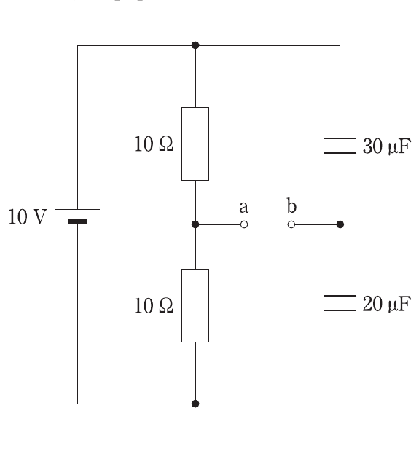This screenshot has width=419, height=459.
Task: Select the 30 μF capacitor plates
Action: (340, 146)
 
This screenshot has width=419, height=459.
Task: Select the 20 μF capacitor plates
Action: (340, 303)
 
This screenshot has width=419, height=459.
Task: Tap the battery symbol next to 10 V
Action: (77, 216)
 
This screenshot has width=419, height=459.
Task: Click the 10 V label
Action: (27, 217)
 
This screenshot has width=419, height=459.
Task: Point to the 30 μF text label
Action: (387, 146)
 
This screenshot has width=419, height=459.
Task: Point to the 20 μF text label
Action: (387, 304)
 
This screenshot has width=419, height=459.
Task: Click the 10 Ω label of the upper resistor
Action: (154, 144)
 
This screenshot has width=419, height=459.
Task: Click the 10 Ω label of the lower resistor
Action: (154, 305)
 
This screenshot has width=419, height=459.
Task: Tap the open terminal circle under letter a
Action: (244, 224)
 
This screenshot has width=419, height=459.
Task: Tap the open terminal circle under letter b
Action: (291, 224)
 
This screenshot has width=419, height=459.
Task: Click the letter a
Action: (243, 207)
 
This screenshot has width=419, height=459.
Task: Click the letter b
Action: (291, 205)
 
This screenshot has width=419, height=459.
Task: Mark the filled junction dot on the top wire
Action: (195, 45)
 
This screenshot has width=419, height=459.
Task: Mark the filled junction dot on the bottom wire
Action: (195, 404)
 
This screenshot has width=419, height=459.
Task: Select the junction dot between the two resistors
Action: (195, 224)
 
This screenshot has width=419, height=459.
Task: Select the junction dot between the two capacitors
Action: (340, 224)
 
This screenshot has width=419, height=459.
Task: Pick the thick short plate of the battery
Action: (77, 221)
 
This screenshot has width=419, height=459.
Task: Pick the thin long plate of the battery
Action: (77, 209)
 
